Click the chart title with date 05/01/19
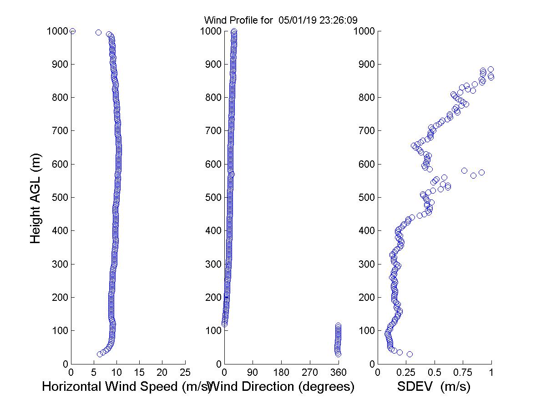280,20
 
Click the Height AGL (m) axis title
36,198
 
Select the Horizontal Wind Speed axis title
126,387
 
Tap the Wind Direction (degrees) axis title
283,387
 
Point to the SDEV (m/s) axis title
434,387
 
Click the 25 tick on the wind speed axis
185,372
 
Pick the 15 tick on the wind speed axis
140,372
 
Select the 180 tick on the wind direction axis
281,372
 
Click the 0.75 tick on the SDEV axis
463,372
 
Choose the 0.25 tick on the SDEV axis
406,372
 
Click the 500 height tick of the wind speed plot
59,198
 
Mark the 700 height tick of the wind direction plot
212,131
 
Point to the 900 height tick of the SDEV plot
365,65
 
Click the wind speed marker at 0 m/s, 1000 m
72,31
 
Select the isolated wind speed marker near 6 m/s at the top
98,32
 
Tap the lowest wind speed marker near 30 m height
100,354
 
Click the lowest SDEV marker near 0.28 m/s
409,354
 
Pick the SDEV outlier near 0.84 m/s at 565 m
473,175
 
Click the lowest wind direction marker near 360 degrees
338,354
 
